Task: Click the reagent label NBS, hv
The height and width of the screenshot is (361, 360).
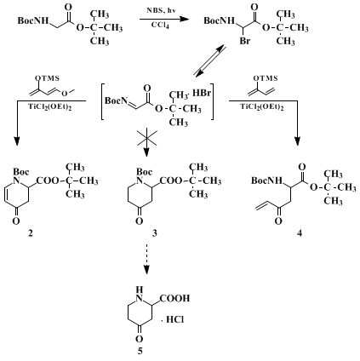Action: click(161, 10)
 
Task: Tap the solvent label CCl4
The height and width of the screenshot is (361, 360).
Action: click(160, 26)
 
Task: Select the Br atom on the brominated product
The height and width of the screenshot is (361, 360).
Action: click(244, 41)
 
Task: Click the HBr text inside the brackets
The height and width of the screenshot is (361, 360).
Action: click(202, 93)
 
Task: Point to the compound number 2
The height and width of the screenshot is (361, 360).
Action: click(31, 233)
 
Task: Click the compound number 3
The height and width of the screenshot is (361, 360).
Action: click(154, 233)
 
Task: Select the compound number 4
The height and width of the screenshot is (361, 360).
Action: click(300, 233)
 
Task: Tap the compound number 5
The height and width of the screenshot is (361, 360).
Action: click(140, 352)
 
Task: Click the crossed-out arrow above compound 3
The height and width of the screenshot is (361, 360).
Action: click(146, 142)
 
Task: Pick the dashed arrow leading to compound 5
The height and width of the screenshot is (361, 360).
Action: click(146, 259)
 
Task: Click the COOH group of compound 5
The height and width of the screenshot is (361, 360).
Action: click(174, 298)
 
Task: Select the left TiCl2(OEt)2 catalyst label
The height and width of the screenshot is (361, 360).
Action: click(49, 107)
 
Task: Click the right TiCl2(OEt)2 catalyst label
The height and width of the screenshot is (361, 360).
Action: click(262, 107)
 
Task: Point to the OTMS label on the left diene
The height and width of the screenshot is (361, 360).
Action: click(47, 78)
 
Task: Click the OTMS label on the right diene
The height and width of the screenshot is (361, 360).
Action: click(266, 78)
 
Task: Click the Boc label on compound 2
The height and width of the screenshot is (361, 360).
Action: click(21, 172)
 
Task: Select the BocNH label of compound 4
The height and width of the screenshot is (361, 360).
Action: click(267, 180)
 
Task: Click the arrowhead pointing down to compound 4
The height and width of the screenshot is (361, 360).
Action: click(297, 141)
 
